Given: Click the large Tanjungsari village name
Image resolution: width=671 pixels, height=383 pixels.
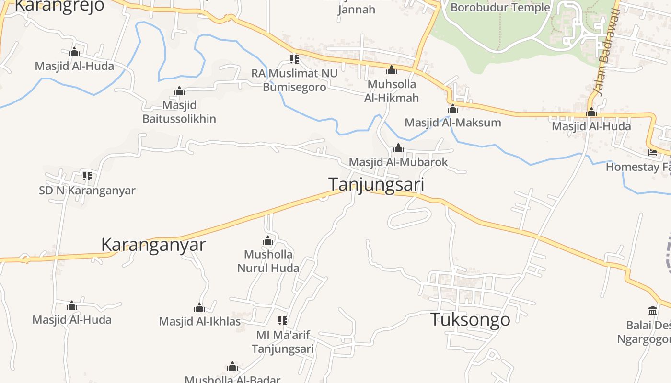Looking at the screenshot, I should (376, 184).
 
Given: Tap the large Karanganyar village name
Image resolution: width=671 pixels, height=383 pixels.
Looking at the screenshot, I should (153, 245).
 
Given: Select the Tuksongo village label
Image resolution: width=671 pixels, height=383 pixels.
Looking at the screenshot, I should (470, 319).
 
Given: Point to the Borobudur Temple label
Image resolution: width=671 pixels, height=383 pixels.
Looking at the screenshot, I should (500, 7).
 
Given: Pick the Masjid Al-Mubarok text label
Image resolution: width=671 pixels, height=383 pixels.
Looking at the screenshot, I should (398, 162).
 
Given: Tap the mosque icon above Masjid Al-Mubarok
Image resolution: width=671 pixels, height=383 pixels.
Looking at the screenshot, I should (398, 148).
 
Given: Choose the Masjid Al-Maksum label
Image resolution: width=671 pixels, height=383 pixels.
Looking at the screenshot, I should (453, 123).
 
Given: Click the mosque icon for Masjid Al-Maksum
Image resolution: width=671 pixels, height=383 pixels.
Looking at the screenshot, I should (453, 109).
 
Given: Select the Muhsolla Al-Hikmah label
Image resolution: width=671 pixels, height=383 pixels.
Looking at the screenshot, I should (392, 91).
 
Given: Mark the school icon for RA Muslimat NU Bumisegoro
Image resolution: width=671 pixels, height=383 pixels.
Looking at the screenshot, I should (294, 59).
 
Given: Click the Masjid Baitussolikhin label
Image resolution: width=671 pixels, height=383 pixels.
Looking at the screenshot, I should (179, 112).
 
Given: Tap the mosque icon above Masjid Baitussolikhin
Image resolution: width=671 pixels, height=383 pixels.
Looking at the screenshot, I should (179, 91).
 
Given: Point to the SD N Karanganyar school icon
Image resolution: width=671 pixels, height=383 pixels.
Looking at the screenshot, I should (87, 176).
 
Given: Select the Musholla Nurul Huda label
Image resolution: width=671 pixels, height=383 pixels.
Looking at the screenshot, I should (268, 261).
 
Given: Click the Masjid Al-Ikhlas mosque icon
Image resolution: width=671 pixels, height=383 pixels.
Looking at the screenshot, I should (199, 307).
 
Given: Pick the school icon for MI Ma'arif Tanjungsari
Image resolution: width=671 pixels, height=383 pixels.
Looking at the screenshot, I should (283, 321).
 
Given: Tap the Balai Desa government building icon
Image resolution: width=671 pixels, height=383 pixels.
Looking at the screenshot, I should (653, 311).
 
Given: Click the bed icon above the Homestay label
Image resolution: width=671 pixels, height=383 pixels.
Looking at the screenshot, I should (653, 153).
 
